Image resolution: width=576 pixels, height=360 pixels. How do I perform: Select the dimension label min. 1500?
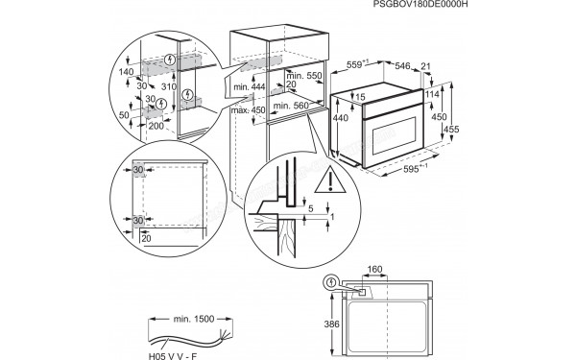pyautogui.click(x=195, y=319)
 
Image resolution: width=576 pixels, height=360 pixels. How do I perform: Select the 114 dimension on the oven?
pyautogui.click(x=434, y=94)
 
